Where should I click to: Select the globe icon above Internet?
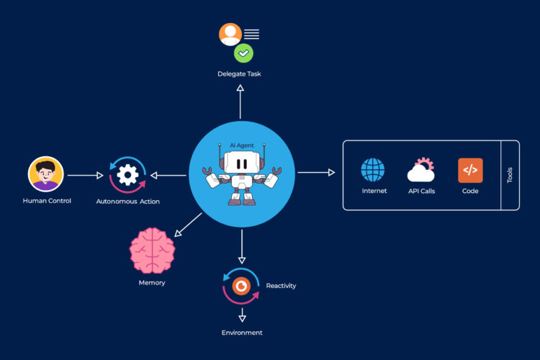pyautogui.click(x=373, y=171)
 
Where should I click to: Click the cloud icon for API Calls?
pyautogui.click(x=420, y=171)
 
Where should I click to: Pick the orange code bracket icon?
pyautogui.click(x=470, y=171)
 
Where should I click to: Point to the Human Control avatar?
pyautogui.click(x=46, y=174)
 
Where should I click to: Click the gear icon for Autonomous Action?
pyautogui.click(x=127, y=175)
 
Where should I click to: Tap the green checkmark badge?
pyautogui.click(x=243, y=53)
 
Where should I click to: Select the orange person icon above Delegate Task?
pyautogui.click(x=230, y=34)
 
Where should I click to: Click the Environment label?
pyautogui.click(x=242, y=333)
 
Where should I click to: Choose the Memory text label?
pyautogui.click(x=152, y=283)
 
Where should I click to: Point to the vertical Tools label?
pyautogui.click(x=510, y=175)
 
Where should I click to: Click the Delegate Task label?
pyautogui.click(x=240, y=74)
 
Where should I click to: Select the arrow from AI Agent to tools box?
pyautogui.click(x=316, y=173)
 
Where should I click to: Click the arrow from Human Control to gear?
pyautogui.click(x=86, y=175)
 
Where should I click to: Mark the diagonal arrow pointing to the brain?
pyautogui.click(x=188, y=223)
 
